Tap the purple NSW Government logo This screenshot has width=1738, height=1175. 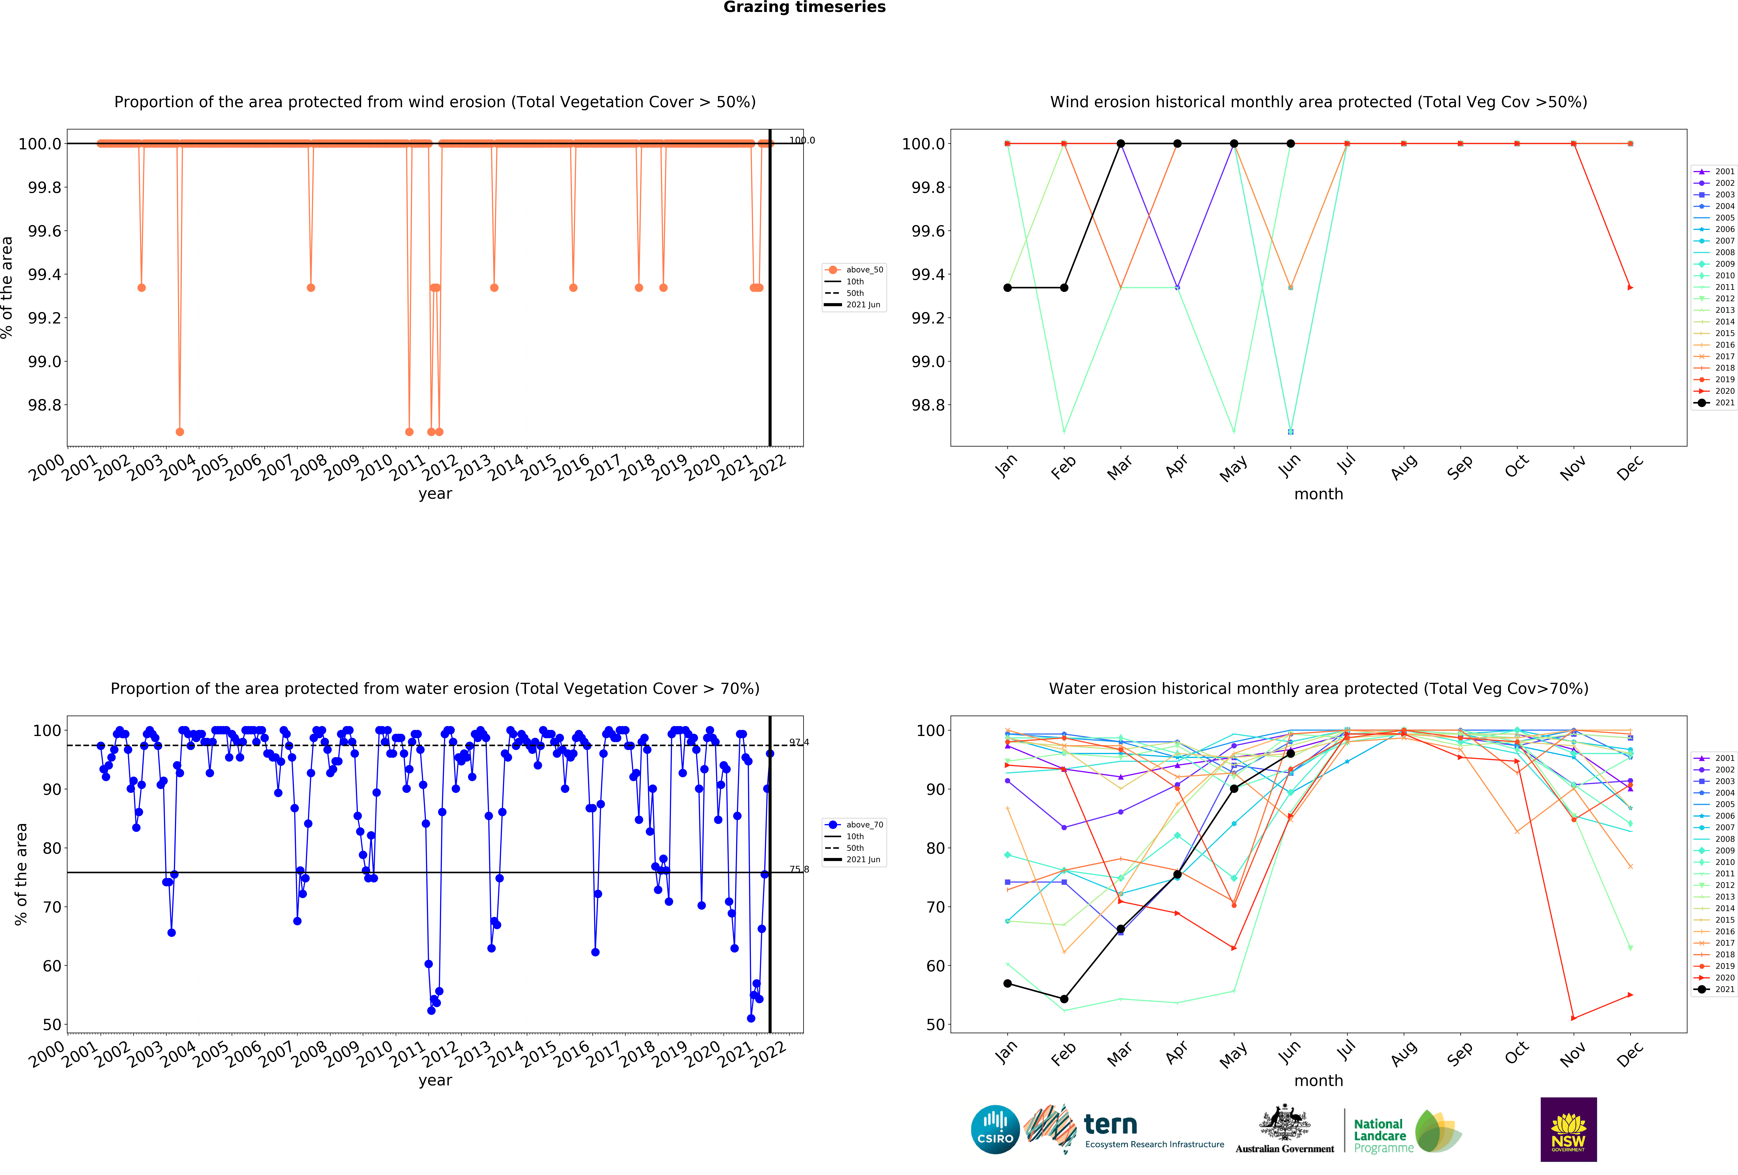coord(1568,1129)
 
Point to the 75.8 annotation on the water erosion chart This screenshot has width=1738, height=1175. coord(799,869)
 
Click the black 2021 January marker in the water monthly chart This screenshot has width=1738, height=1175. coord(1007,984)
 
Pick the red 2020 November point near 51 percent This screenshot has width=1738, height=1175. coord(1573,1018)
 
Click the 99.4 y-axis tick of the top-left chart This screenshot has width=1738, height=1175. coord(45,275)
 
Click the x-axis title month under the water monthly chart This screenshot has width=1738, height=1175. coord(1318,1081)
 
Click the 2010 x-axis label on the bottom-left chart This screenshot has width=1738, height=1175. coord(375,1053)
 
